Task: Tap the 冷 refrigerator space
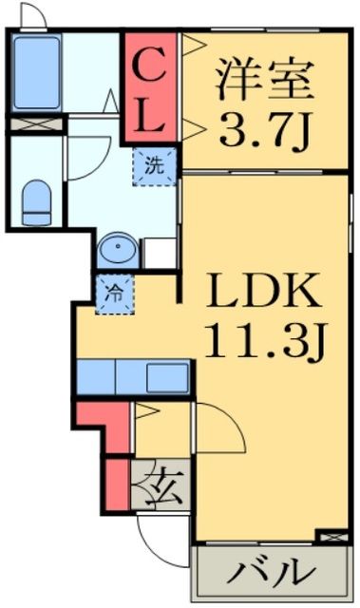pos(111,294)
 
